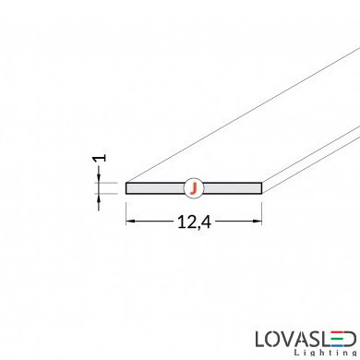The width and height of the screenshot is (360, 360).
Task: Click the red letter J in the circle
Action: coord(193,188)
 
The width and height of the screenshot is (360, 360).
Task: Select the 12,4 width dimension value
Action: coord(194,222)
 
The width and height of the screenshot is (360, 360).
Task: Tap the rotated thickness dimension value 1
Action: coord(101,158)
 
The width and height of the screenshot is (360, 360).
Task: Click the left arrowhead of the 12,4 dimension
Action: coord(130,221)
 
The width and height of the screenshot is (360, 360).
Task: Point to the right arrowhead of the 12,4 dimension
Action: coord(258,221)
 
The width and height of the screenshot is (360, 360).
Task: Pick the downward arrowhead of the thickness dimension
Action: coord(99,178)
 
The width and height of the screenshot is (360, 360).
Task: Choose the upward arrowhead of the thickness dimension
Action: coord(99,198)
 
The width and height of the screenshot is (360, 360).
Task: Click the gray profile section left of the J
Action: coord(155,188)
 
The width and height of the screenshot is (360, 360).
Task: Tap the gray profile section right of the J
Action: coord(233,188)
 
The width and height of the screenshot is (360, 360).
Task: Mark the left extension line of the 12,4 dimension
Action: coord(126,213)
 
